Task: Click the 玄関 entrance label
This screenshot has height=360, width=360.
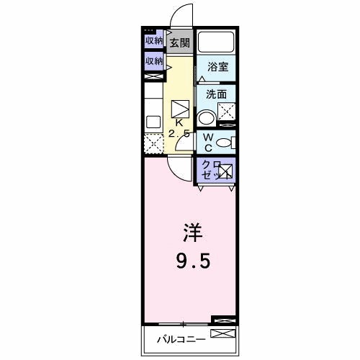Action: click(179, 42)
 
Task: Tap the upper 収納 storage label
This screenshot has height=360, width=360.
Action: click(153, 41)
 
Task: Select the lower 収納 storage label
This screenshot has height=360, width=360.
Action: click(153, 62)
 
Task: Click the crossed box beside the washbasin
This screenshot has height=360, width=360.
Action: click(227, 111)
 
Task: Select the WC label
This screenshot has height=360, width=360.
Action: click(207, 142)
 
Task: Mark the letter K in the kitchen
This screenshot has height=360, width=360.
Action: click(179, 123)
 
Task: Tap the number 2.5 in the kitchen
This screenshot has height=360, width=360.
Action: click(179, 134)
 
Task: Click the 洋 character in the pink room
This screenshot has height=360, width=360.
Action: click(191, 234)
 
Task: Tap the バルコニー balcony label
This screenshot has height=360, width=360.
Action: click(181, 338)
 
